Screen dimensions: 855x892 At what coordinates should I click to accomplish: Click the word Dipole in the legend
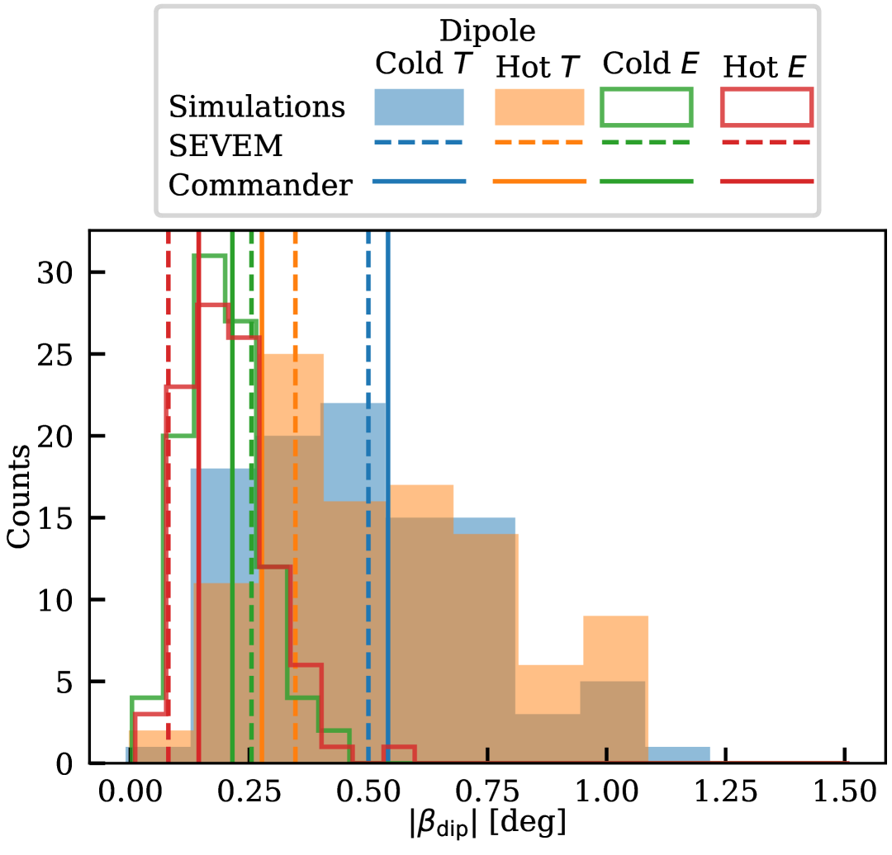487,31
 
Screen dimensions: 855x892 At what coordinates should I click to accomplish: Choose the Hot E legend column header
764,67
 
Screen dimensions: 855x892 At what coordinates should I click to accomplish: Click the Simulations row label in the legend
257,107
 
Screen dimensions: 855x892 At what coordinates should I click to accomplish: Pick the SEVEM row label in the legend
225,146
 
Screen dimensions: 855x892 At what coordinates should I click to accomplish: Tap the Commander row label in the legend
260,186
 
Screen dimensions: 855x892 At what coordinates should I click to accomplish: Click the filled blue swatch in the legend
420,107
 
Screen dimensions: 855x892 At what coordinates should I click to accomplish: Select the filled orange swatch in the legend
539,107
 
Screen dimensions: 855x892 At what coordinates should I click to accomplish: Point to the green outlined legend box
646,107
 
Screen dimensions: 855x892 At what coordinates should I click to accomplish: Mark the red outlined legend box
766,107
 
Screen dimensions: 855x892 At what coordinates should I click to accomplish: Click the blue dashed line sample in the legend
420,142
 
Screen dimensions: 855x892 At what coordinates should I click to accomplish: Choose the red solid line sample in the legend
766,181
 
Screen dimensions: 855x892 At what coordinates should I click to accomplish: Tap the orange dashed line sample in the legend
539,142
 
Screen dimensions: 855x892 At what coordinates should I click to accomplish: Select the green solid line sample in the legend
646,181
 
